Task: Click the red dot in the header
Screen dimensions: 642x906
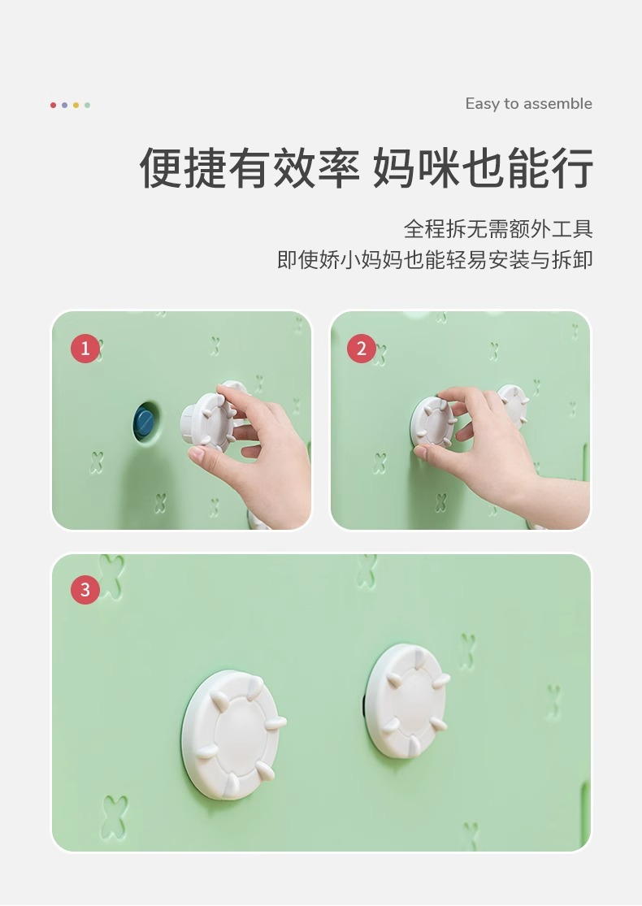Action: pyautogui.click(x=53, y=105)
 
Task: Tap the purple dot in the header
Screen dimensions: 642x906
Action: pyautogui.click(x=65, y=105)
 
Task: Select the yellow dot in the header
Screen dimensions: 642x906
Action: pyautogui.click(x=76, y=105)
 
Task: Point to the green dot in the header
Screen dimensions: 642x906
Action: pyautogui.click(x=87, y=105)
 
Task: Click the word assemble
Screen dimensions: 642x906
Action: pyautogui.click(x=557, y=104)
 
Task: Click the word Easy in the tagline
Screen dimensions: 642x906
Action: pyautogui.click(x=483, y=105)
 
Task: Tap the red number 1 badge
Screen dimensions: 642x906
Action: pyautogui.click(x=85, y=349)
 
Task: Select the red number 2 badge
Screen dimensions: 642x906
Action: pyautogui.click(x=362, y=349)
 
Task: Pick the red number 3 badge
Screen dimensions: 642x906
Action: pyautogui.click(x=85, y=589)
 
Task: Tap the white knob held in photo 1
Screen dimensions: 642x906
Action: pyautogui.click(x=207, y=421)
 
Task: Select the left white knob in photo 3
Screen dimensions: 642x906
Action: pyautogui.click(x=233, y=735)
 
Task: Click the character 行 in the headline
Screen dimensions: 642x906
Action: pyautogui.click(x=571, y=168)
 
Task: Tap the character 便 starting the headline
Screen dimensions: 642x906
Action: pyautogui.click(x=161, y=168)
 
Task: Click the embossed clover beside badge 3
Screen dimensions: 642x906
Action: pyautogui.click(x=111, y=574)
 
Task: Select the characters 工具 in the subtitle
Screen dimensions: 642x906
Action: pyautogui.click(x=572, y=229)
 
